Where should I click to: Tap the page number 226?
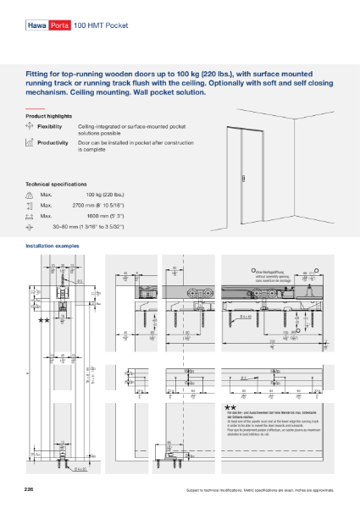[30, 490]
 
